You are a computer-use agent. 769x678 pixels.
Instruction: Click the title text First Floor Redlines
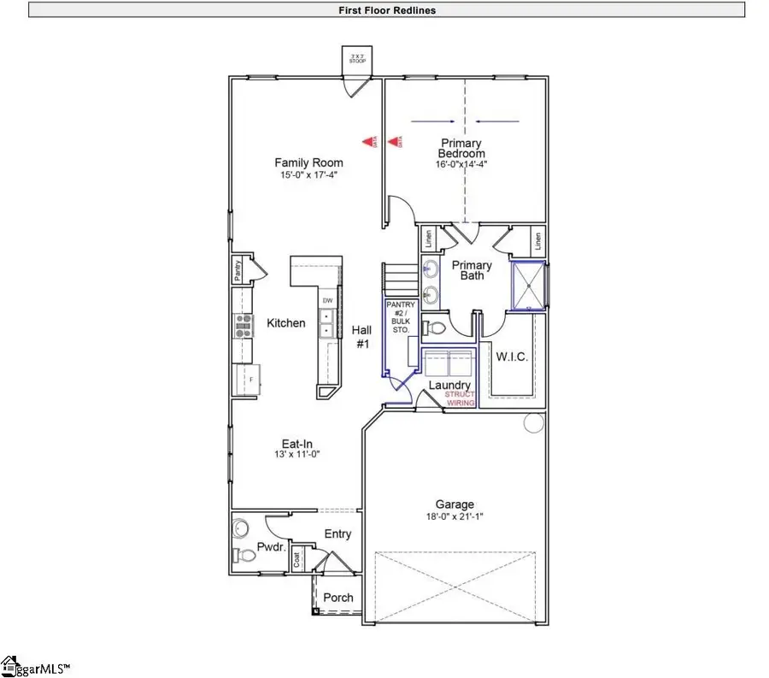coord(387,10)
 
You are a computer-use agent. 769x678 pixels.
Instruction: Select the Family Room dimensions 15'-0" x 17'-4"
coord(308,175)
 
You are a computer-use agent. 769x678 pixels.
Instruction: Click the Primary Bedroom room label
coord(461,148)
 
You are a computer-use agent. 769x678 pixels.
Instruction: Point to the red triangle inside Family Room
coord(369,142)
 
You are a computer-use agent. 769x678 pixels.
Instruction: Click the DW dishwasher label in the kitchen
coord(326,300)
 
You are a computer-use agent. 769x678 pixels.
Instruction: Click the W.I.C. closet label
coord(512,355)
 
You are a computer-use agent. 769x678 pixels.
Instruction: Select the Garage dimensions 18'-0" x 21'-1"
coord(453,517)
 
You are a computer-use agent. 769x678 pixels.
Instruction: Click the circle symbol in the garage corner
coord(535,422)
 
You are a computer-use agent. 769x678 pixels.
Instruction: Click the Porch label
coord(338,598)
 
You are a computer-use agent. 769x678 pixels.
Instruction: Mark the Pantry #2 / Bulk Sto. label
coord(400,316)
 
